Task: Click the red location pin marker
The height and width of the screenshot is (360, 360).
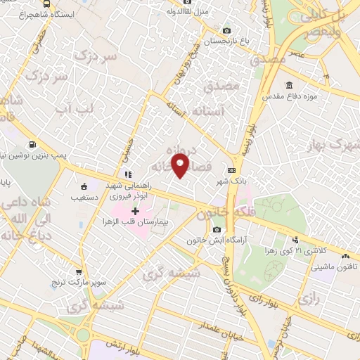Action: pyautogui.click(x=181, y=166)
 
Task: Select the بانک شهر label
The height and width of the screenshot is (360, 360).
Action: pyautogui.click(x=231, y=180)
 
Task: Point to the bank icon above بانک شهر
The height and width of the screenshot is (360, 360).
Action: pyautogui.click(x=231, y=170)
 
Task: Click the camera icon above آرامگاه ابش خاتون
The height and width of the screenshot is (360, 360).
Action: pyautogui.click(x=217, y=230)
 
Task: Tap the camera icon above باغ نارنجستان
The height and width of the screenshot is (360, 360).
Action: pyautogui.click(x=226, y=31)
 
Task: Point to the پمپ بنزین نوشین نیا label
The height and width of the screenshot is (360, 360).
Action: pyautogui.click(x=37, y=153)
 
